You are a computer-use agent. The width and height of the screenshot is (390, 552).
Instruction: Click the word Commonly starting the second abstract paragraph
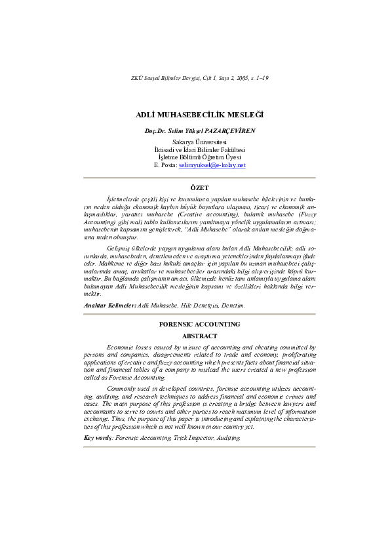(x=121, y=388)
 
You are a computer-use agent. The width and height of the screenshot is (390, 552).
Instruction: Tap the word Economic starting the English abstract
(x=121, y=347)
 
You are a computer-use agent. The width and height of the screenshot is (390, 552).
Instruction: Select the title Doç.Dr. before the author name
(x=157, y=131)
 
